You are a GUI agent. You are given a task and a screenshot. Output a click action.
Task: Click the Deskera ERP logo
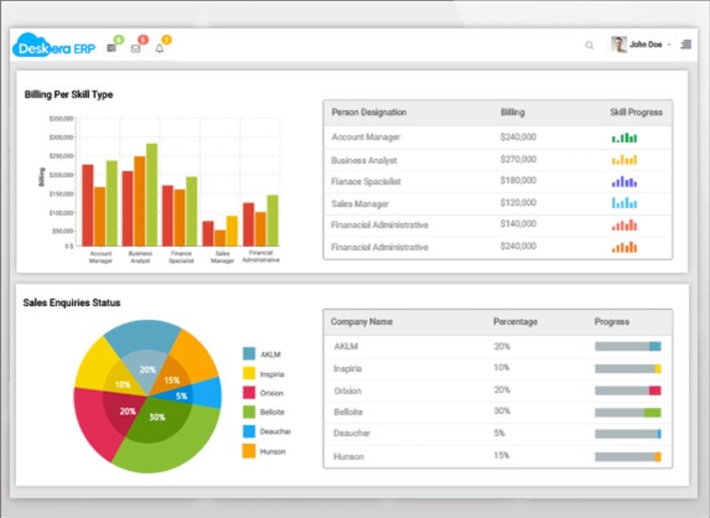tap(54, 46)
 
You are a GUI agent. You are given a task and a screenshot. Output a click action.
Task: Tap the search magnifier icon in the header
tap(589, 45)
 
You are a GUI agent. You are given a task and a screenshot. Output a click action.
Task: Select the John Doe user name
tap(645, 44)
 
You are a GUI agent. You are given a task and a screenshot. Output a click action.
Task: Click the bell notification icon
tap(160, 48)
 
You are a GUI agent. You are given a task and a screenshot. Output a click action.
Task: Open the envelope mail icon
tap(136, 48)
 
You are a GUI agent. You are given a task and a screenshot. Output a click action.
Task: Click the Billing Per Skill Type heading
tap(68, 94)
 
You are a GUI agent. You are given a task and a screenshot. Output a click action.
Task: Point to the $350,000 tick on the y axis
tap(61, 118)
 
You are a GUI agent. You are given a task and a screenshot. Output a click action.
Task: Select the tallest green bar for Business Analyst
tap(152, 195)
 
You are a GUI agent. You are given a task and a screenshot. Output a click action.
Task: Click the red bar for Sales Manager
tap(208, 233)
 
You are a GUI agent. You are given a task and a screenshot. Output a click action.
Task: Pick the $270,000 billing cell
tap(518, 160)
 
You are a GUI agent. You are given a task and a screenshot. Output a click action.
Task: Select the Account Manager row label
tap(366, 137)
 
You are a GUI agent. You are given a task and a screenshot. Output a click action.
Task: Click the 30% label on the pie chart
tap(157, 417)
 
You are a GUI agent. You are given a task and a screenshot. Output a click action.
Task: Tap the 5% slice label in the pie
tap(181, 395)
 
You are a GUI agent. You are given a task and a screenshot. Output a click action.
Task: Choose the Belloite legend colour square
tap(250, 411)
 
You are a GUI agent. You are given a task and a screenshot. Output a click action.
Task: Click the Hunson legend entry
tap(273, 451)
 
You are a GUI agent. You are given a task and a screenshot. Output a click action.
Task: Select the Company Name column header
tap(362, 322)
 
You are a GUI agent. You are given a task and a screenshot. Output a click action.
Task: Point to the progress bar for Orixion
tap(627, 390)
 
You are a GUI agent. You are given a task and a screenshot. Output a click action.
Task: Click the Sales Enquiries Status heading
tap(72, 303)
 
